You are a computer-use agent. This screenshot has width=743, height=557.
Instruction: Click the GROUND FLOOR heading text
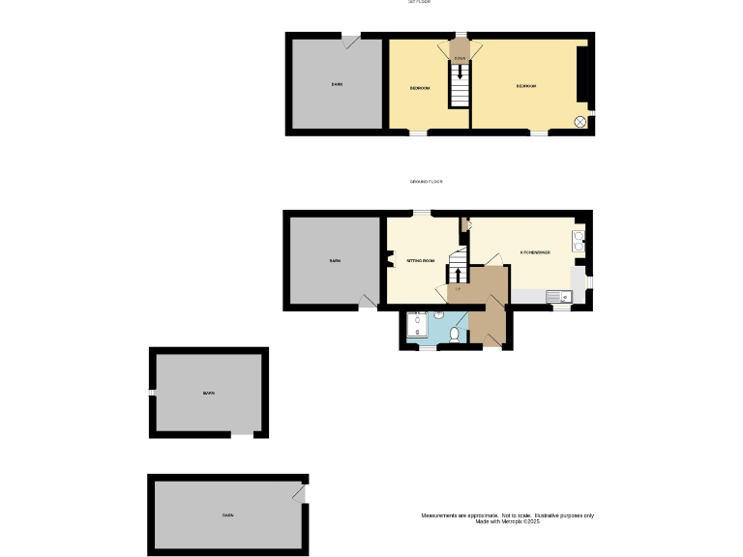click(x=426, y=182)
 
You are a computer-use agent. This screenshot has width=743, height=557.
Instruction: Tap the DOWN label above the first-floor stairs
click(x=461, y=59)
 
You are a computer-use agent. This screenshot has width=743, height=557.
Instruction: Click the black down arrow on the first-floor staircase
click(x=460, y=73)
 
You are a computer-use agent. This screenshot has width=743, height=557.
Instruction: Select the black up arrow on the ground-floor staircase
click(x=458, y=274)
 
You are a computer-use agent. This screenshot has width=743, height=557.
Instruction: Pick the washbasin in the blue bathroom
click(x=439, y=314)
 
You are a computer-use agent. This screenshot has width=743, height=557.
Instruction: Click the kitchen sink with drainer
click(x=559, y=296)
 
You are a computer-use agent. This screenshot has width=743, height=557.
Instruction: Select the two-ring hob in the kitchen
click(x=579, y=240)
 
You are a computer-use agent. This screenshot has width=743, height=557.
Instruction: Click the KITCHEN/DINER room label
click(x=535, y=252)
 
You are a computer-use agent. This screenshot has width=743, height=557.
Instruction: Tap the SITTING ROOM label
click(x=420, y=261)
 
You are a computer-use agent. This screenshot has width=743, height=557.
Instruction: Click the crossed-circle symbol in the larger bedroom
click(x=580, y=122)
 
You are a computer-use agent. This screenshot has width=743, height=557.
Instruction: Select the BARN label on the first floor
click(x=337, y=85)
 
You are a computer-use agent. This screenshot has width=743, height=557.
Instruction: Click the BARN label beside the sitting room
click(x=335, y=261)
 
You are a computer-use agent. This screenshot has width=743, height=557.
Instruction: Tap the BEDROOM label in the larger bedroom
click(x=526, y=86)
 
